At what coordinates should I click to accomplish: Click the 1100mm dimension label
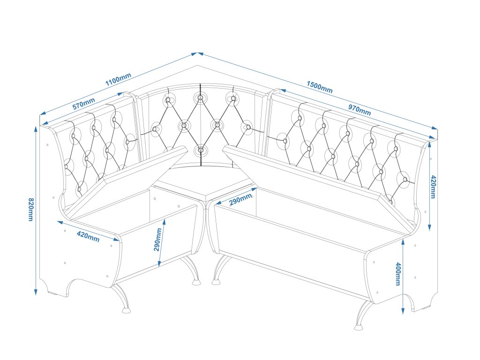[118, 80]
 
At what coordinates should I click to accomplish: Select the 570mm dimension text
[83, 104]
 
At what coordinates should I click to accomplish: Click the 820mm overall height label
[31, 210]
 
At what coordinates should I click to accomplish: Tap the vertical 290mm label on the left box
[158, 240]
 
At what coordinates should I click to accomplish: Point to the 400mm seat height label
[398, 274]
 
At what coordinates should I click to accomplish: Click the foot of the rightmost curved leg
[359, 325]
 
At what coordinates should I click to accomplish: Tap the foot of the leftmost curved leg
[126, 309]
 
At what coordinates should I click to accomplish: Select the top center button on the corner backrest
[200, 98]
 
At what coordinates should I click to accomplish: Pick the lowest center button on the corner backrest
[201, 150]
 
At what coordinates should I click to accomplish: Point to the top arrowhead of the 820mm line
[36, 127]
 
